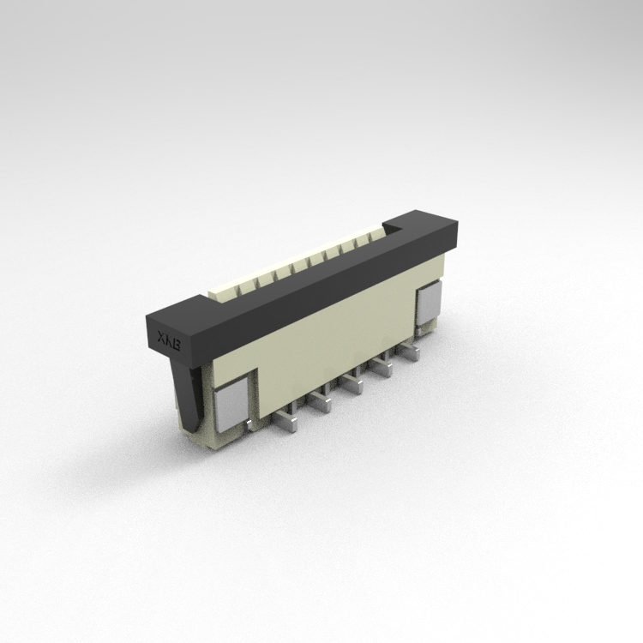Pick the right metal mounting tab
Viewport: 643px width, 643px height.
coord(428,303)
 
